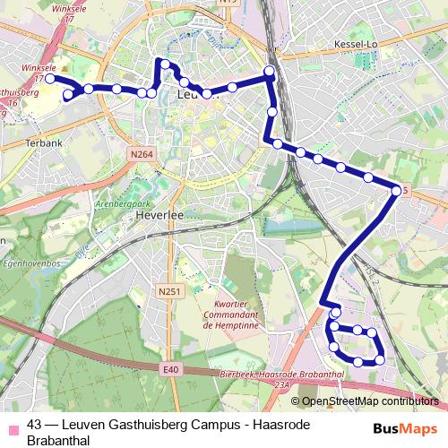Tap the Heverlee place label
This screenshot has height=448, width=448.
point(159,216)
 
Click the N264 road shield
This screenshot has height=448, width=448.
point(142,155)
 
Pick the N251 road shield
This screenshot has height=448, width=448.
point(168,291)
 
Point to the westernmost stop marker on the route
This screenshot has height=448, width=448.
point(51,79)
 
